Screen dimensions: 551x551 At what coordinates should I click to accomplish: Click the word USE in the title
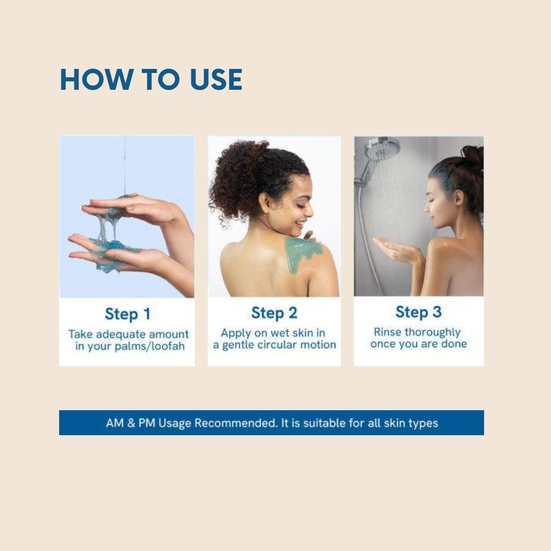216,80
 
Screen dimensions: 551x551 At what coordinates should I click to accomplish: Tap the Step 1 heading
128,314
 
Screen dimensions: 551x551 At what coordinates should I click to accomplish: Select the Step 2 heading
274,313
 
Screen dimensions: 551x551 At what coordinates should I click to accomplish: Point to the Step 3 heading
418,312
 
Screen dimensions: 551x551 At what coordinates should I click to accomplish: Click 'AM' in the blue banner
115,423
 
